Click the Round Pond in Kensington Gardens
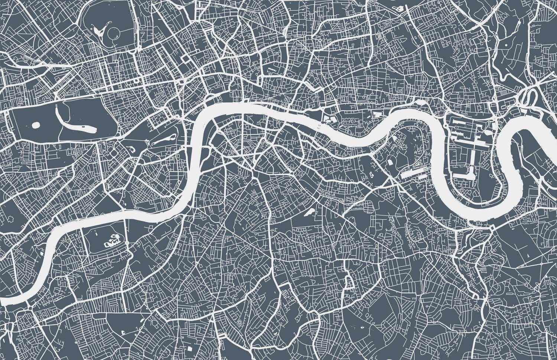pos(36,125)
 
